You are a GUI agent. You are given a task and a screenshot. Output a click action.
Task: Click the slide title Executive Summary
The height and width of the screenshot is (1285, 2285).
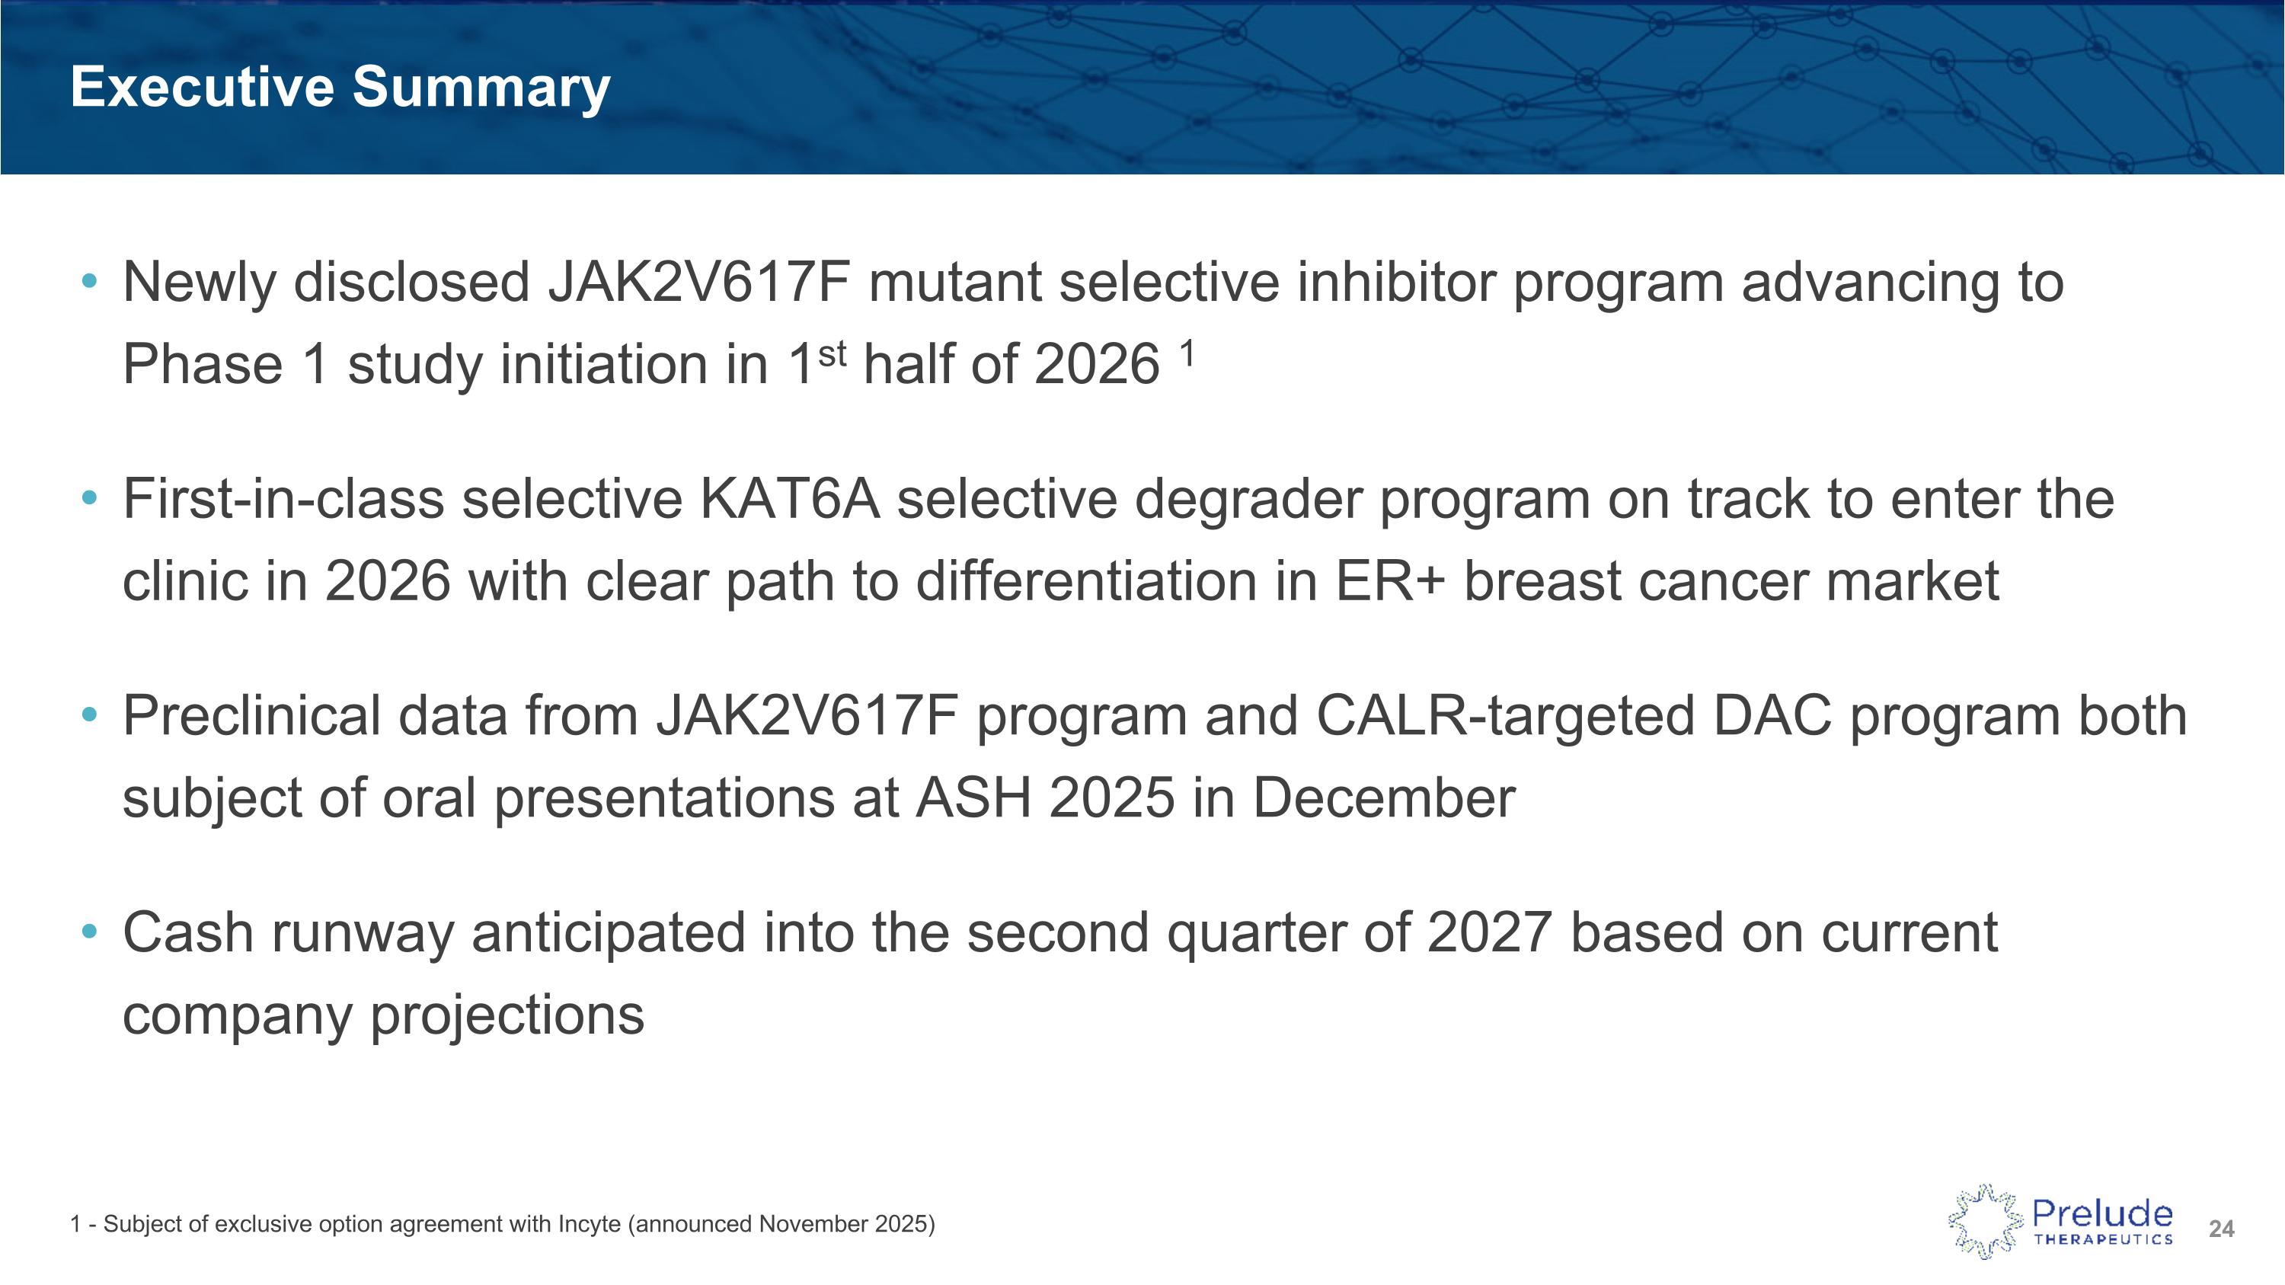340,87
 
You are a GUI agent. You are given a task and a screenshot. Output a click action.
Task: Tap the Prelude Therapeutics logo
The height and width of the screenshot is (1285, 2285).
2060,1221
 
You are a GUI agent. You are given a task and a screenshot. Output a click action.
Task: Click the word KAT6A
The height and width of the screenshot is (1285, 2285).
789,499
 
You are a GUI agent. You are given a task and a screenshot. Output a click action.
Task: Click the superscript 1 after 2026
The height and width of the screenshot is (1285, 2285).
1187,355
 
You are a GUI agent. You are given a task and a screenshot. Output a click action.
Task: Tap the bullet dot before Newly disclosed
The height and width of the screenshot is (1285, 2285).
88,282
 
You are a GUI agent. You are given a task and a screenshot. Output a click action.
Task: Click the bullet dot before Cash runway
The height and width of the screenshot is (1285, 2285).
88,932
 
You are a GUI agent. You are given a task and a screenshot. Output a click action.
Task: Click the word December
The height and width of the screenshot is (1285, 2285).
1384,798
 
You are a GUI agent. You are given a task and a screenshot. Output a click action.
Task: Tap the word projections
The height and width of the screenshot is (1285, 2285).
507,1015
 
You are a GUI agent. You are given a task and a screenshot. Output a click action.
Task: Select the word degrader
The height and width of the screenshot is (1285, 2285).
1247,499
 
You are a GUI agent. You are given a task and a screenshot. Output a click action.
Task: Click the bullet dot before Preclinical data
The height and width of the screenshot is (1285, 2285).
88,714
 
